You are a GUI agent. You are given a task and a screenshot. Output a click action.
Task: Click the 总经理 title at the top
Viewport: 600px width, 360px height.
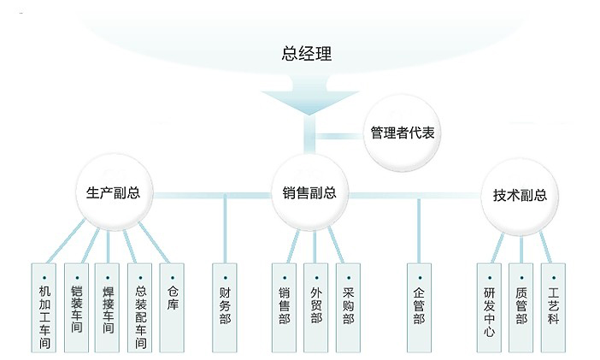[x=306, y=53]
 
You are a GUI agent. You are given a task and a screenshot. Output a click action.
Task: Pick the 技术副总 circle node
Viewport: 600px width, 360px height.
[x=520, y=195]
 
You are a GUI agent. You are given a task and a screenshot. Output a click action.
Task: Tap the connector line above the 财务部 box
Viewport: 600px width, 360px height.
[x=226, y=227]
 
